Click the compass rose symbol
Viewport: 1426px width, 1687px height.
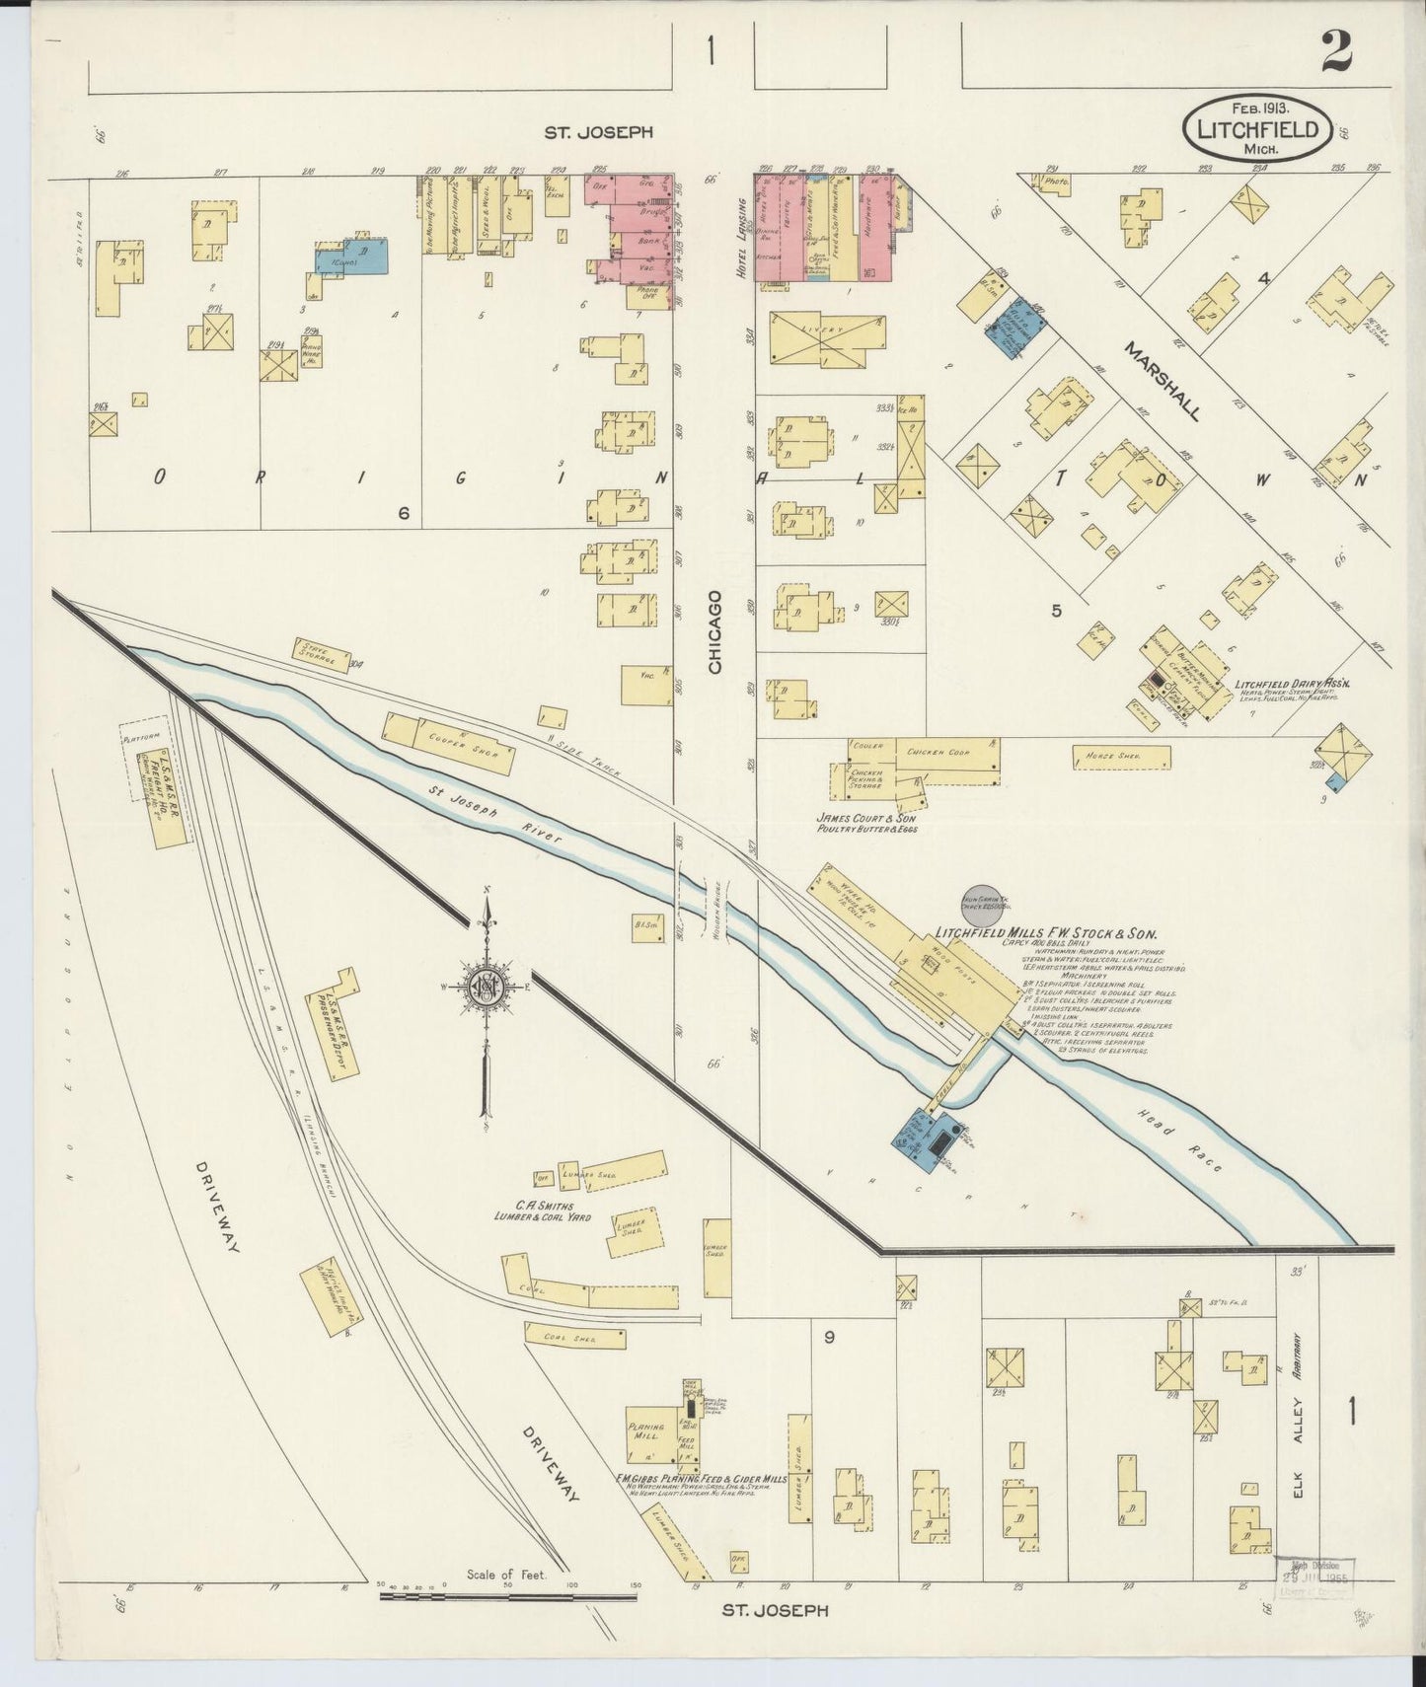coord(486,990)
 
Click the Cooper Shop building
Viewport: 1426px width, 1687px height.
coord(450,742)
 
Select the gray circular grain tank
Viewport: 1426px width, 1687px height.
coord(982,903)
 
